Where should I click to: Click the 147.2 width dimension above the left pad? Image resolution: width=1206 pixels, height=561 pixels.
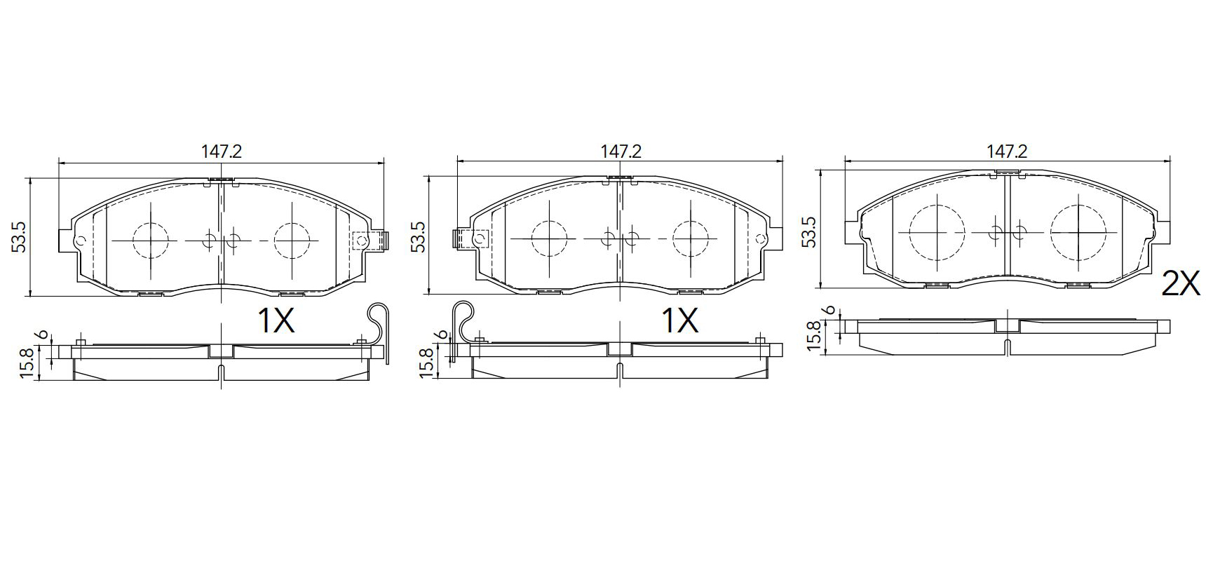click(x=221, y=151)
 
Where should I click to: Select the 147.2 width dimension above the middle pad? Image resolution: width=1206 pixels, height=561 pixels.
click(x=621, y=151)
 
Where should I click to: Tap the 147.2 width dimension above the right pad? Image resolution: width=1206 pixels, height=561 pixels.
click(x=1007, y=151)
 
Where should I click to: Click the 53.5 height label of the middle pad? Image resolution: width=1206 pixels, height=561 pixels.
click(x=417, y=237)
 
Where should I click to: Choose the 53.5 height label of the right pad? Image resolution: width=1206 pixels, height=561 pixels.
click(x=808, y=231)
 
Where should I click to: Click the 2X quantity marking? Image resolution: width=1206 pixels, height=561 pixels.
click(x=1181, y=284)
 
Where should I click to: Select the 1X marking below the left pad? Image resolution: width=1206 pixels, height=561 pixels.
click(x=276, y=321)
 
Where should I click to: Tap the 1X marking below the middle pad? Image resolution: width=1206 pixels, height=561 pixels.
click(x=680, y=321)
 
